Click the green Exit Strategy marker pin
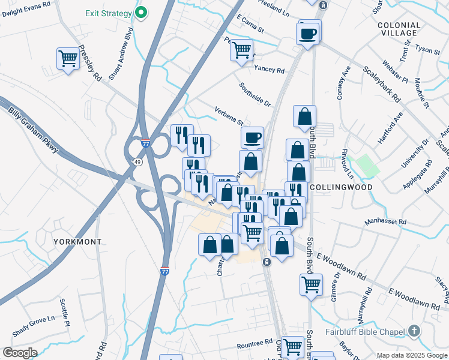click(142, 12)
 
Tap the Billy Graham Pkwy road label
click(34, 130)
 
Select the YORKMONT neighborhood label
click(77, 241)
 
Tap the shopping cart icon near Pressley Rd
click(68, 59)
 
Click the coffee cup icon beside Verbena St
click(252, 137)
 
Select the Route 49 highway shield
click(138, 162)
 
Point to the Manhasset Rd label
click(385, 222)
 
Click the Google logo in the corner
click(20, 352)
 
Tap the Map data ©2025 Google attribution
click(412, 355)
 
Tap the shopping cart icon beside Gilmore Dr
click(311, 284)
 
